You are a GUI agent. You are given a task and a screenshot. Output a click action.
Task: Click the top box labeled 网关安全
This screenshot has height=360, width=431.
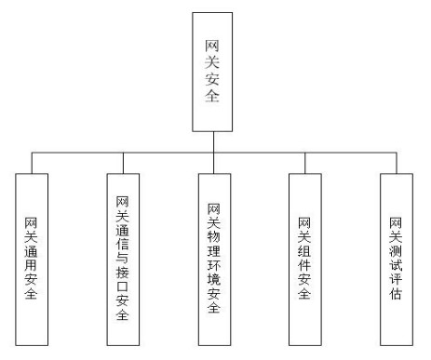point(213,72)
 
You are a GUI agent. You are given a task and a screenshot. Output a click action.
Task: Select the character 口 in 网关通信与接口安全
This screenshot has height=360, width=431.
point(123,287)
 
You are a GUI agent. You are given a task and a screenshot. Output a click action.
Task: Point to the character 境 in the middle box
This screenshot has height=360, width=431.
point(213,288)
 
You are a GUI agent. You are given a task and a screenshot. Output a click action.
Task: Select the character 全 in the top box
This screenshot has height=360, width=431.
point(213,95)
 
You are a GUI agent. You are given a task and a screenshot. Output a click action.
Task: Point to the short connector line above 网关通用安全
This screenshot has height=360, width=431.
point(32,162)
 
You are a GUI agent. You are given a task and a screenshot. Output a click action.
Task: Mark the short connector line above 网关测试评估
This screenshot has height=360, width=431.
point(395,162)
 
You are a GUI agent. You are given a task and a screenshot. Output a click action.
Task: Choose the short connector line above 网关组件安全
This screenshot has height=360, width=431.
point(304,162)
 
